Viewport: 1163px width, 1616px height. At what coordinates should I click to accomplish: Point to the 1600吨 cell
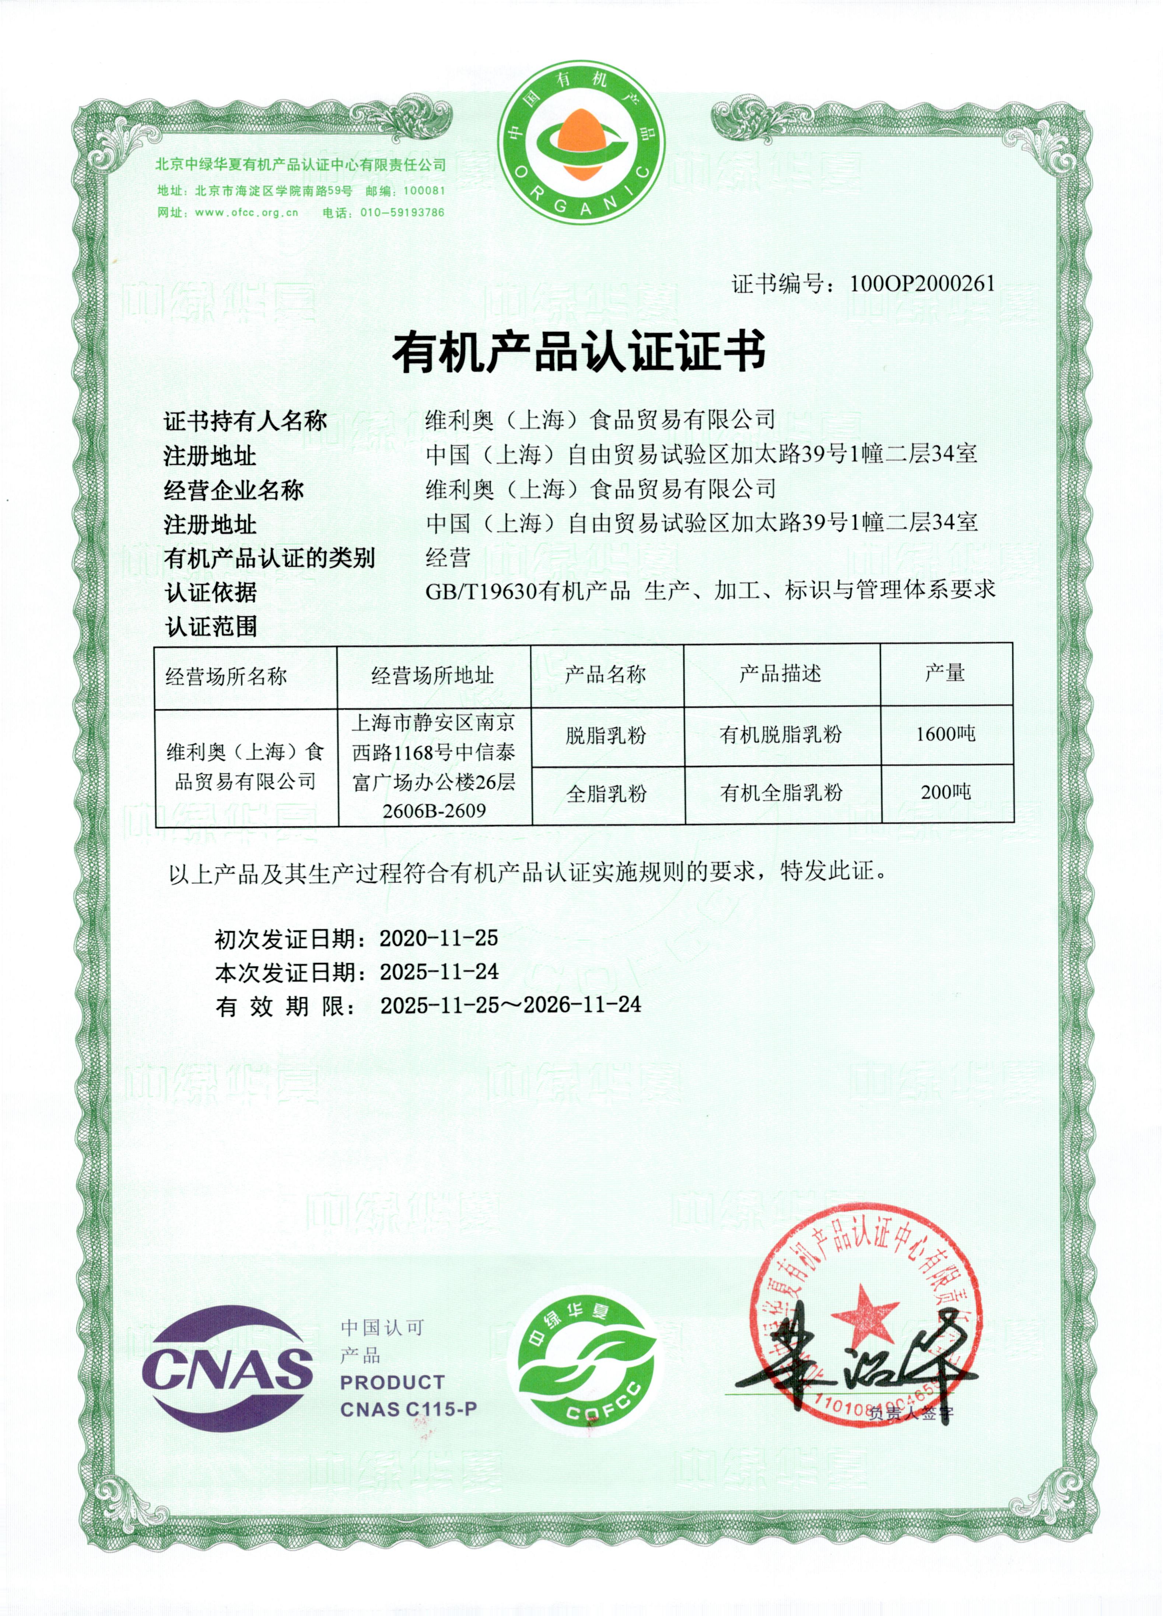coord(946,734)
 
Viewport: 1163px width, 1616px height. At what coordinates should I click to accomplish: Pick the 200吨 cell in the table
coord(946,792)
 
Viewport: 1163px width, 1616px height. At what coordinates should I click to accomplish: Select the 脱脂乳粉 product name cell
coord(606,735)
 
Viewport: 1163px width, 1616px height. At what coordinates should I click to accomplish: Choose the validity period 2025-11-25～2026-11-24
coord(510,1005)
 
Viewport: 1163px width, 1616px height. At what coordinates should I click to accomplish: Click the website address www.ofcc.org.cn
coord(246,212)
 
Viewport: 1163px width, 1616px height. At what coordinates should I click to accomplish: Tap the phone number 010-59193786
coord(402,212)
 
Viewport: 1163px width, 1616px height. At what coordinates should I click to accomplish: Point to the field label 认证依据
coord(211,592)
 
